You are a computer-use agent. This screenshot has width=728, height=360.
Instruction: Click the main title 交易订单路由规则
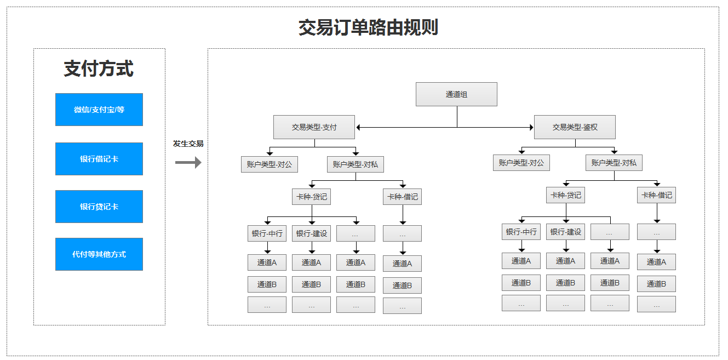(x=368, y=27)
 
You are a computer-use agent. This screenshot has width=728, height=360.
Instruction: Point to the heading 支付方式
(x=99, y=68)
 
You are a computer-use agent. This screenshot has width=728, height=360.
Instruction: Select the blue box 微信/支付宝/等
(x=99, y=110)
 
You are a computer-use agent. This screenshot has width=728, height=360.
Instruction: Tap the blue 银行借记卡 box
(x=99, y=159)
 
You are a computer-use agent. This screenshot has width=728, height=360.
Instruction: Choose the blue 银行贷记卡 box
(x=99, y=207)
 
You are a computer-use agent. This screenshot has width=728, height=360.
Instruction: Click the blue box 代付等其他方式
(x=99, y=254)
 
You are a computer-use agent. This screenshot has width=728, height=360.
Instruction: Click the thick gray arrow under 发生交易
(x=188, y=163)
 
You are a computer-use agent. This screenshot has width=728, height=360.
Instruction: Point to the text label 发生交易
(x=188, y=144)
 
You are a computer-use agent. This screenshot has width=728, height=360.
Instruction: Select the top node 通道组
(x=456, y=94)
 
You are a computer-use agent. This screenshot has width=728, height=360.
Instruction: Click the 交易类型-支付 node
(x=314, y=127)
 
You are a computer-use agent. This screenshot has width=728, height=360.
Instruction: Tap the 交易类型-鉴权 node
(x=575, y=127)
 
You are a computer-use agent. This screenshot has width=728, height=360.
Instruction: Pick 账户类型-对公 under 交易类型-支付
(x=269, y=164)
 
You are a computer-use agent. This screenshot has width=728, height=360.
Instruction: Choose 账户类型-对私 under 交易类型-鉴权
(x=614, y=163)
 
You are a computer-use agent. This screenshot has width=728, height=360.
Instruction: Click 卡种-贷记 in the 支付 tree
(x=311, y=197)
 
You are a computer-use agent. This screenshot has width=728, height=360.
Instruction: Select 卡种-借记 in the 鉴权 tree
(x=656, y=195)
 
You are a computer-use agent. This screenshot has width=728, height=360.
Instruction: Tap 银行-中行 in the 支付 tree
(x=267, y=233)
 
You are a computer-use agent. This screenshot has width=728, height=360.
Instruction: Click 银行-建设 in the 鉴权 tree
(x=565, y=232)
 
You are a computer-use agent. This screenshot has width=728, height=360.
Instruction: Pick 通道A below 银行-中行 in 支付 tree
(x=267, y=262)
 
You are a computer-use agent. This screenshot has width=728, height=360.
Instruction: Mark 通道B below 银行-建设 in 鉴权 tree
(x=565, y=283)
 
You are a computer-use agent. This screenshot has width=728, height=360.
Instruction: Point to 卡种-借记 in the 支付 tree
(x=402, y=197)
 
